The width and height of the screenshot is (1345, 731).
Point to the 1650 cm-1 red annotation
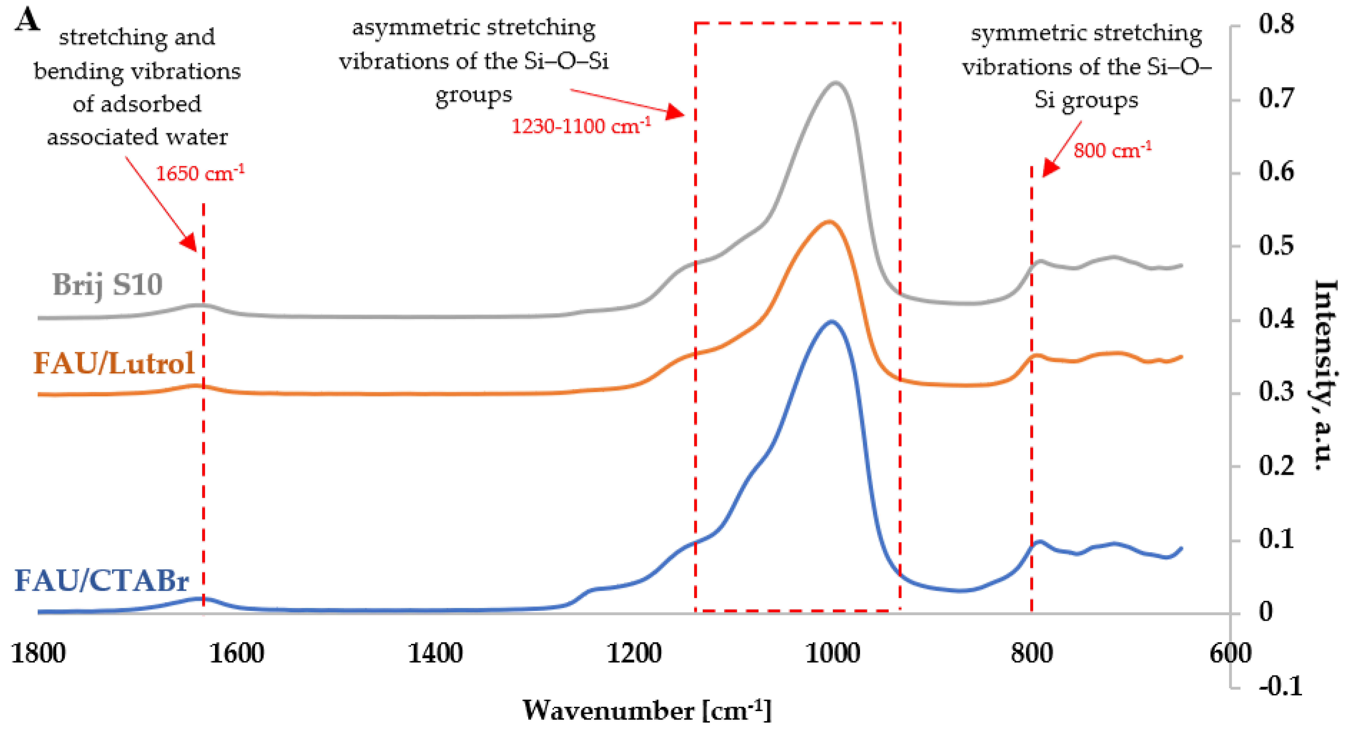tap(200, 173)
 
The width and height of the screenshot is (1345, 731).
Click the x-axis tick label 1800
tap(38, 654)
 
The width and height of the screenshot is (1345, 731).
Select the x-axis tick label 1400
tap(435, 654)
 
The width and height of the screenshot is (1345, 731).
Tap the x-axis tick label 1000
tap(833, 654)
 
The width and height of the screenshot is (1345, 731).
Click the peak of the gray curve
tap(836, 82)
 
